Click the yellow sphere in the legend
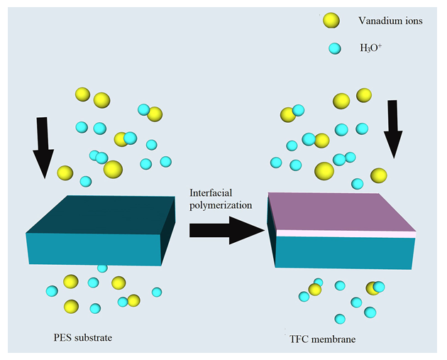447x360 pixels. click(x=331, y=21)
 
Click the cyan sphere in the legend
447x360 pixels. click(x=331, y=50)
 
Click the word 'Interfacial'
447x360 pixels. click(x=211, y=194)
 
